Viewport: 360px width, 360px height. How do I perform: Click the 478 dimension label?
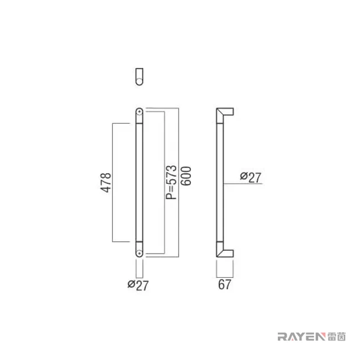[x=106, y=183]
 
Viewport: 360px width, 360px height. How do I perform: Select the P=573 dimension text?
[x=171, y=182]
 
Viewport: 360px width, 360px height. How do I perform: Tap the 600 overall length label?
[x=186, y=176]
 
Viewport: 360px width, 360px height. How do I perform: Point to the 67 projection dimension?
[x=224, y=284]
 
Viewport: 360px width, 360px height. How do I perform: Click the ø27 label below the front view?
[x=138, y=286]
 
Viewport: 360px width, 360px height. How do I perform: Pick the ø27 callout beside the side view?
[x=251, y=177]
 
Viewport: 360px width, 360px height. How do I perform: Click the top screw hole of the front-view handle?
[x=139, y=112]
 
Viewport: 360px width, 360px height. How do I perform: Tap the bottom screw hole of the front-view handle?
[x=139, y=253]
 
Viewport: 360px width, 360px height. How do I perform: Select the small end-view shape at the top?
[x=139, y=77]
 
